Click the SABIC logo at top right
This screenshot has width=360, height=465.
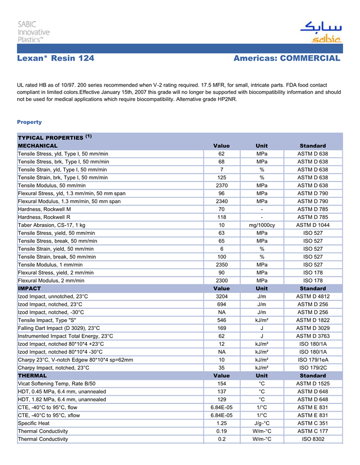tap(320, 32)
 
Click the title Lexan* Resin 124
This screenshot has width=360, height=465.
tap(56, 58)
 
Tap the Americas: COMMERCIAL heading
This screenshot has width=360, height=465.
tap(286, 58)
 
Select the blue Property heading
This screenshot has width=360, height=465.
tap(29, 122)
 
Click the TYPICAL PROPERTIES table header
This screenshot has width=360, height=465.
tap(55, 138)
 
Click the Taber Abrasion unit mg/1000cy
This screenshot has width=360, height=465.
tap(262, 226)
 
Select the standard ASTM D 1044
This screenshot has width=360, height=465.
tap(313, 226)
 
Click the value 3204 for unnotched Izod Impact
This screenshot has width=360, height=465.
tap(222, 296)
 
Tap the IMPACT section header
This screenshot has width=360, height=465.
tap(29, 289)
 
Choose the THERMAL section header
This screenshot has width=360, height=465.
tap(32, 376)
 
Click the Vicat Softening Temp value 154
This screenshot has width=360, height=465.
tap(222, 384)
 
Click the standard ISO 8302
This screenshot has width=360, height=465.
tap(313, 439)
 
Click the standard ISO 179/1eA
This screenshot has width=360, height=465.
tap(313, 360)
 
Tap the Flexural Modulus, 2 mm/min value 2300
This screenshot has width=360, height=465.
tap(222, 281)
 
